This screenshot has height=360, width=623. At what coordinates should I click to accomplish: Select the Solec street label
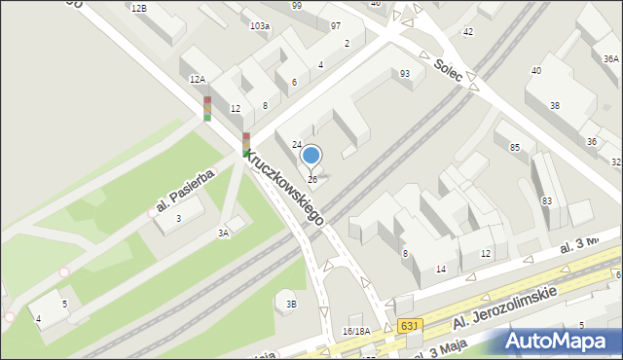click(x=449, y=69)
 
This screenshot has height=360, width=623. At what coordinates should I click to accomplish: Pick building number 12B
click(x=138, y=8)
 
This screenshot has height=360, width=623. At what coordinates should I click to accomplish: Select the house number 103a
click(x=259, y=26)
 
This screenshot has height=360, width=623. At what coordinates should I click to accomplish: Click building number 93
click(x=404, y=74)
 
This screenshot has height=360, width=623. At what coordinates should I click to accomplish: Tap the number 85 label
click(x=515, y=148)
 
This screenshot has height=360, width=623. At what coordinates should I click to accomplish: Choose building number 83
click(x=547, y=200)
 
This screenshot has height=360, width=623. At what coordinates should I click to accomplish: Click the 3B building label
click(x=291, y=305)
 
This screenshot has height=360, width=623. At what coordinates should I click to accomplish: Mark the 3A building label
click(x=223, y=233)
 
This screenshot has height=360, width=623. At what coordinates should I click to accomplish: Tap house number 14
click(x=441, y=269)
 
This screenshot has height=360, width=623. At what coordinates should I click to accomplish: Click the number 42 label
click(x=467, y=32)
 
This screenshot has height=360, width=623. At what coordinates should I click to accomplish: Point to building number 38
click(x=554, y=105)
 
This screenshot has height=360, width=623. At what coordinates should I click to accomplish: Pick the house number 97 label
click(x=336, y=25)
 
